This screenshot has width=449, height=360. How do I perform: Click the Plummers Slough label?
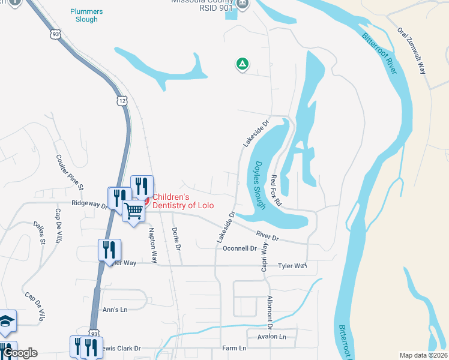click(x=86, y=16)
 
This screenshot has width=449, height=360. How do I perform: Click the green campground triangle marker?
click(x=242, y=63)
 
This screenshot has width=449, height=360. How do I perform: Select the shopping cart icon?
click(x=134, y=210)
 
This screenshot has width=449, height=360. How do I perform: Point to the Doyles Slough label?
click(x=256, y=185)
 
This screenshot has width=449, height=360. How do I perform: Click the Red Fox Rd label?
click(x=276, y=190)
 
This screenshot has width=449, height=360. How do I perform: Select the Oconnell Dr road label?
click(x=240, y=248)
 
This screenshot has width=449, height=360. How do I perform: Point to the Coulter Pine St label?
click(x=70, y=170)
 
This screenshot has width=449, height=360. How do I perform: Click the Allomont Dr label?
click(x=270, y=310)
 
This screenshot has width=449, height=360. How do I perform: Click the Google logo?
click(x=19, y=353)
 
